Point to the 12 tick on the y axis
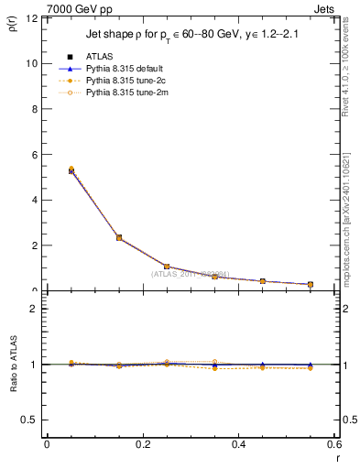[31, 18]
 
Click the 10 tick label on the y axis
[31, 64]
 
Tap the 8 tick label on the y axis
[34, 109]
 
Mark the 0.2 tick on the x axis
[143, 444]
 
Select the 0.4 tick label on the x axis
[239, 444]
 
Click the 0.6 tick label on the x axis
[334, 444]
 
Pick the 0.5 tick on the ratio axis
[30, 420]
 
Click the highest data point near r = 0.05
[71, 169]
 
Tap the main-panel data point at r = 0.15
[119, 237]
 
